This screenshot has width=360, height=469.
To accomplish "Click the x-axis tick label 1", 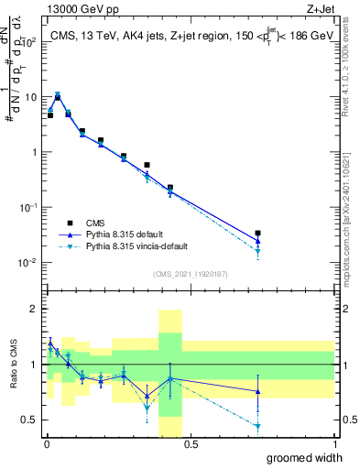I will tap(334, 444).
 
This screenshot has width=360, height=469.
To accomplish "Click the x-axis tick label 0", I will tap(46, 444).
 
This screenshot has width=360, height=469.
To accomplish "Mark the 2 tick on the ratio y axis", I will tap(37, 309).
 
